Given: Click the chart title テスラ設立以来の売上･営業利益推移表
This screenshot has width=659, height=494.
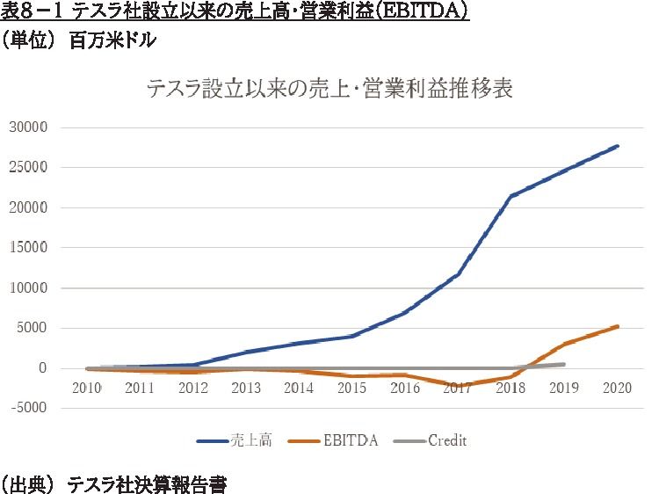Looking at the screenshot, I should pyautogui.click(x=329, y=89).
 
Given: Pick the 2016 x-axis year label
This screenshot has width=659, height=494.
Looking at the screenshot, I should pyautogui.click(x=404, y=387).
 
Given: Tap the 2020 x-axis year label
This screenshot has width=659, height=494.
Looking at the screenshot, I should pyautogui.click(x=618, y=387).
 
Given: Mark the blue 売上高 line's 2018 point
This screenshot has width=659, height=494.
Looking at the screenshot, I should pyautogui.click(x=511, y=196).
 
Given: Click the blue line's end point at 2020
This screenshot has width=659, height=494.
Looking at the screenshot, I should pyautogui.click(x=618, y=146).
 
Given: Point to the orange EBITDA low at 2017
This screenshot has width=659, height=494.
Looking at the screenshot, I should pyautogui.click(x=458, y=386).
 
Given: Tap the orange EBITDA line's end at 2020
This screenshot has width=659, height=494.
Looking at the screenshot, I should pyautogui.click(x=618, y=326).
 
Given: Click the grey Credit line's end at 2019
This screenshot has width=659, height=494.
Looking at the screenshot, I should pyautogui.click(x=563, y=364).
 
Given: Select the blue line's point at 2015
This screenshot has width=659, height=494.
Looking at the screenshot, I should pyautogui.click(x=351, y=337).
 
